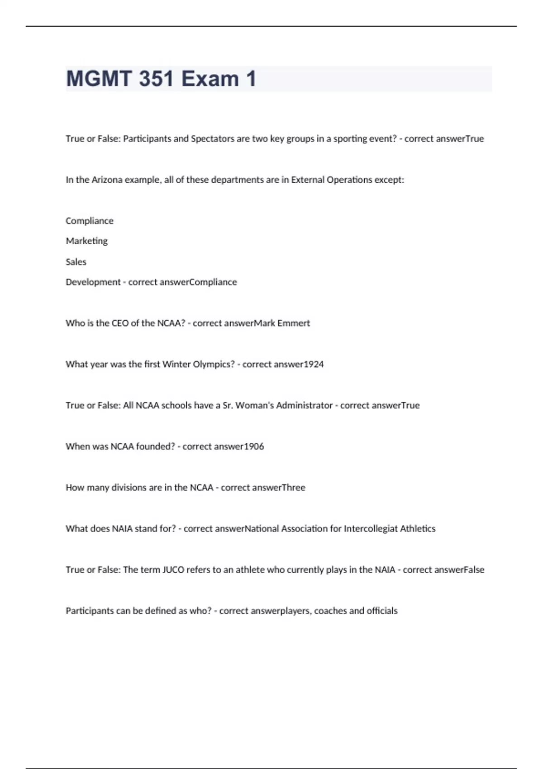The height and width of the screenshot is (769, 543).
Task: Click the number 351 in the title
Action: (x=156, y=79)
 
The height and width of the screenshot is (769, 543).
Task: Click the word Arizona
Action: (x=107, y=180)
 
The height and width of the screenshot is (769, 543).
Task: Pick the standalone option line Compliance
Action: (x=90, y=221)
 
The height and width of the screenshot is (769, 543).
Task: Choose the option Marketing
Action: (x=87, y=241)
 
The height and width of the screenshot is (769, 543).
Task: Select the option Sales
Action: (x=76, y=261)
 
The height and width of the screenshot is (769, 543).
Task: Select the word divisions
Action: (x=129, y=488)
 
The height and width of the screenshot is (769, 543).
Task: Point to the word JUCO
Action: (x=173, y=570)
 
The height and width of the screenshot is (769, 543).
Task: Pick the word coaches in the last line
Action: (x=330, y=611)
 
